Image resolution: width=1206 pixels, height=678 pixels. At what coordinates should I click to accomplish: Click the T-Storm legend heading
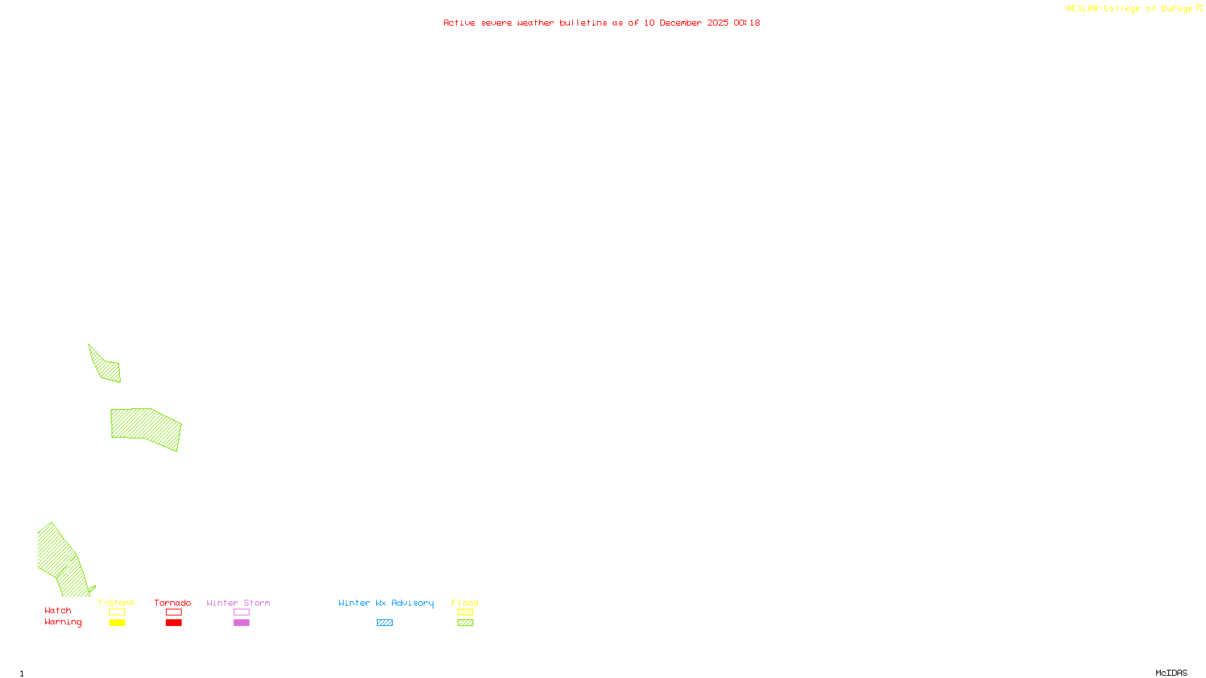[116, 603]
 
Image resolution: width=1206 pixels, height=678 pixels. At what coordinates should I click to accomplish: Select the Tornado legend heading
[173, 603]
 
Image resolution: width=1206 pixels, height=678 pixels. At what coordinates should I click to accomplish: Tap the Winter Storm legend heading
[238, 603]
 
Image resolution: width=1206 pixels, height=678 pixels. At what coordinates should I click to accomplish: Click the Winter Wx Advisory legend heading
[386, 603]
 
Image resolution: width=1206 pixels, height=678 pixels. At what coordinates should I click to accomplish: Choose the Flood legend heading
[465, 603]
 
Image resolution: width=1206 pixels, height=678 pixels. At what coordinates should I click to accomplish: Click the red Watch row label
[58, 610]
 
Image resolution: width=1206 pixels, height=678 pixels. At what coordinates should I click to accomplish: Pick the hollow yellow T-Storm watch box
[117, 612]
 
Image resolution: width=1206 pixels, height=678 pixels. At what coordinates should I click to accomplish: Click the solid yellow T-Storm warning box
[117, 623]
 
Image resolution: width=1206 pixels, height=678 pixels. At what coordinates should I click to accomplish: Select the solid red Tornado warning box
[173, 623]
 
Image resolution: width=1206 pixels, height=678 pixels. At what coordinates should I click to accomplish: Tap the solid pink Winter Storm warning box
[241, 623]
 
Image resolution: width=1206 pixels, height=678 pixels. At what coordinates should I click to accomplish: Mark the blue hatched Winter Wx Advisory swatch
[384, 623]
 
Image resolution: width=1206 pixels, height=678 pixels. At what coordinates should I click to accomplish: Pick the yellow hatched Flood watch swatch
[465, 612]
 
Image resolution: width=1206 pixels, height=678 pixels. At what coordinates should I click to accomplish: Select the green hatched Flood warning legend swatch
[465, 623]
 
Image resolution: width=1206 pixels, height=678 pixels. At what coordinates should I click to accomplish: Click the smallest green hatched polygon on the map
[106, 366]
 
